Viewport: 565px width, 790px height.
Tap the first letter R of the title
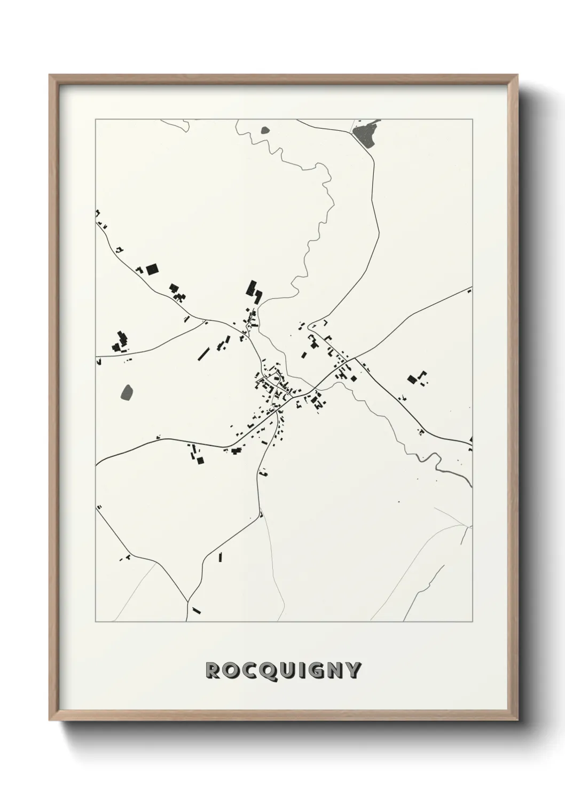(x=214, y=670)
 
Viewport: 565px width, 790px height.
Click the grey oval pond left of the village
(x=128, y=392)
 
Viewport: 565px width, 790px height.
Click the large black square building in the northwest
(x=153, y=268)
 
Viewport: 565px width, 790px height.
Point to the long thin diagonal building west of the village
(x=203, y=353)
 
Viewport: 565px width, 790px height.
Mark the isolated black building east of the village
(x=412, y=379)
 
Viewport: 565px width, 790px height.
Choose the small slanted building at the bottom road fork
(x=197, y=610)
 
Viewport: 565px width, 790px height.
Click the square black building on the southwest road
(x=200, y=460)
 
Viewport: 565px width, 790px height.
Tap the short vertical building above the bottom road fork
(x=220, y=557)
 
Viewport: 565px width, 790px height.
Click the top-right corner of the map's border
(x=472, y=119)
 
